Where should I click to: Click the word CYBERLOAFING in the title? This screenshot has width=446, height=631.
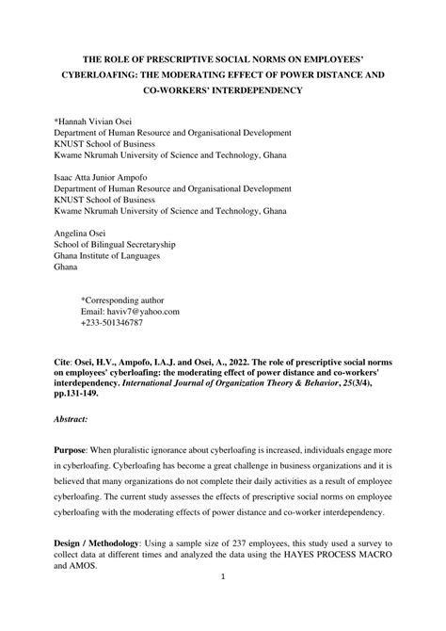[89, 73]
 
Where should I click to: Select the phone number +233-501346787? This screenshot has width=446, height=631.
[112, 322]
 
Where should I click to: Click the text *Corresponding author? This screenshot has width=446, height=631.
[123, 298]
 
